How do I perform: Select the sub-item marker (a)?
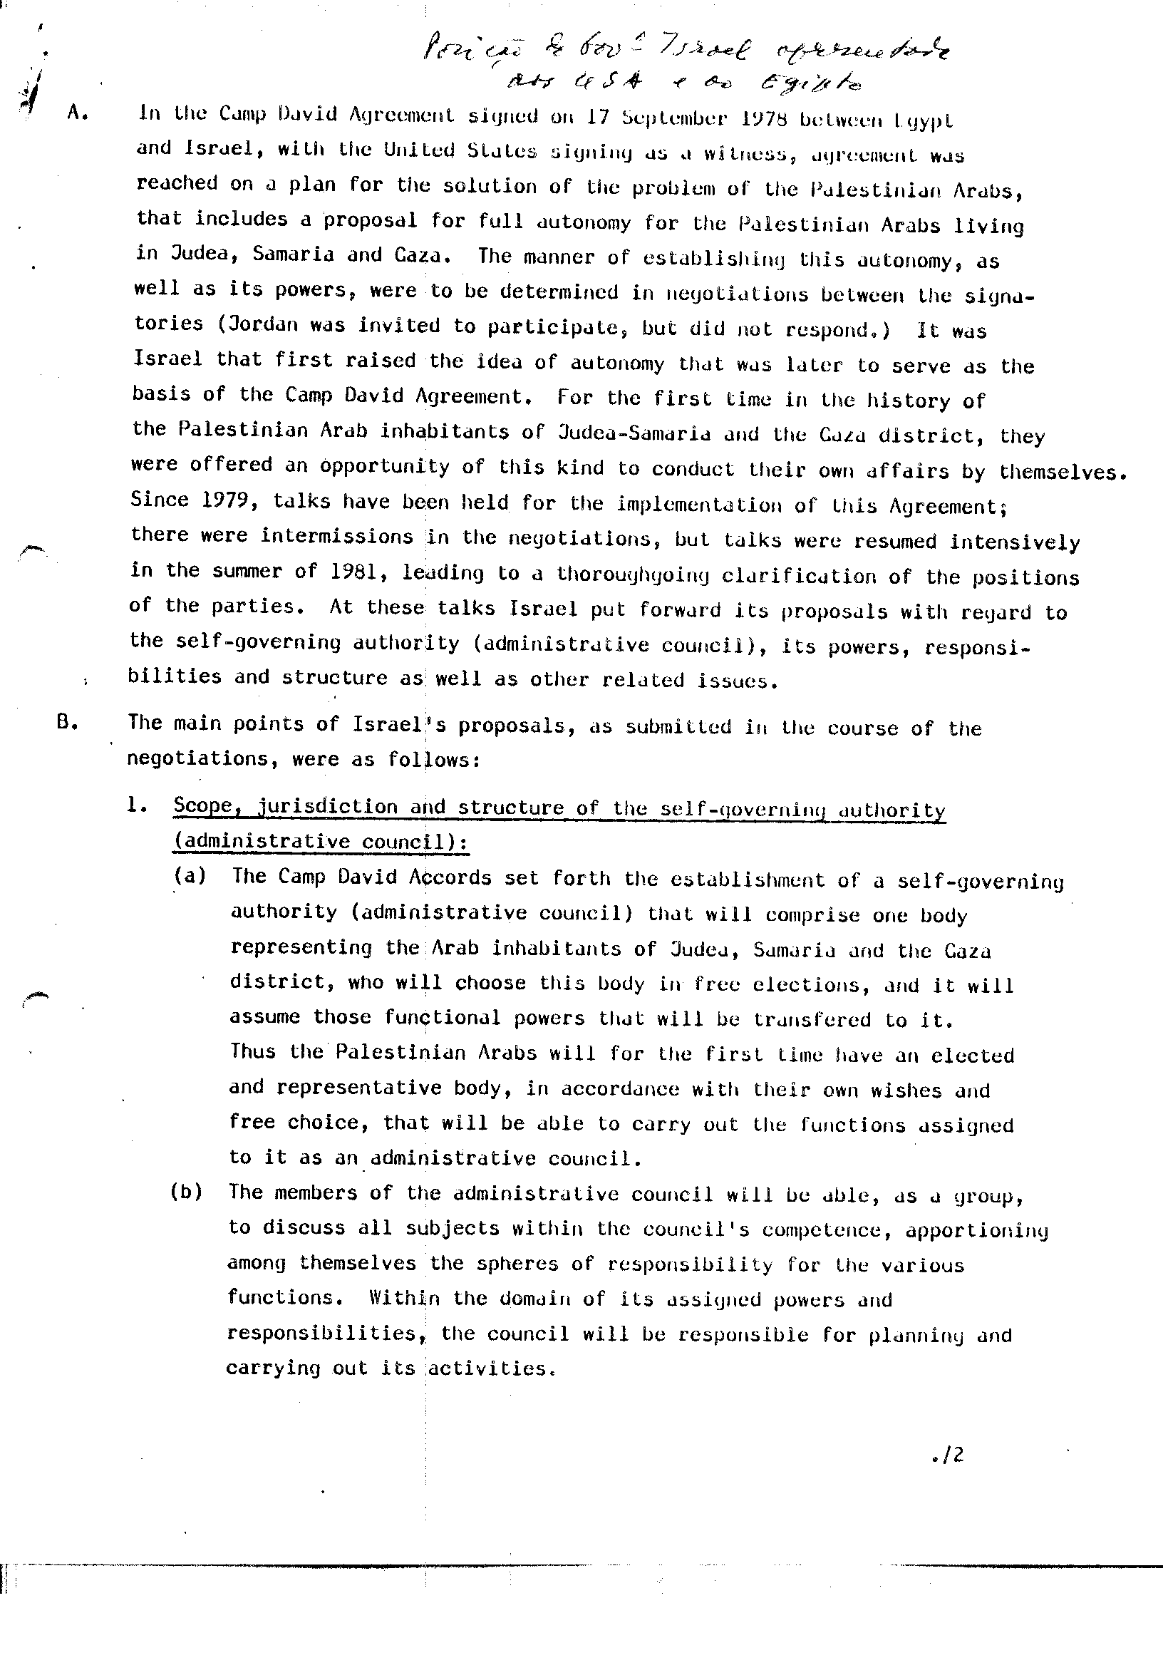pyautogui.click(x=190, y=875)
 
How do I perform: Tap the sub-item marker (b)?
pyautogui.click(x=186, y=1192)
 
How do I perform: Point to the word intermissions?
pyautogui.click(x=336, y=536)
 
